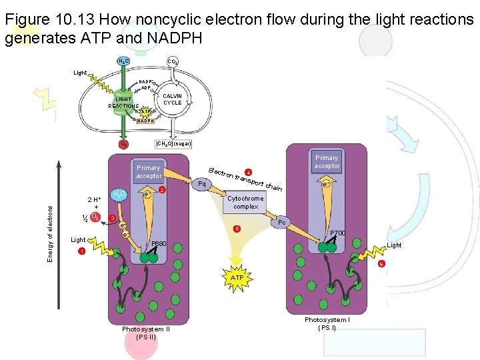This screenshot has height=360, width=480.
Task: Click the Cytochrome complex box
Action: coord(245,203)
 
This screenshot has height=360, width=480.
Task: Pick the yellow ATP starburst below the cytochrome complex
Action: coord(237,277)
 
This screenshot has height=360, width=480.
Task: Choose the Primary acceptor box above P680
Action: coord(149,172)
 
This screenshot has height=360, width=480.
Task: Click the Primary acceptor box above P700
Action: coord(327,162)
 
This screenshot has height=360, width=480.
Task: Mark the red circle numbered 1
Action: coord(81,251)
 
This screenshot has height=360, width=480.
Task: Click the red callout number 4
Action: coord(248,171)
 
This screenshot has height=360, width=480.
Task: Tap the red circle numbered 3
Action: coord(113,218)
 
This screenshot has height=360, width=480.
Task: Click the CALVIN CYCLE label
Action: coord(173,99)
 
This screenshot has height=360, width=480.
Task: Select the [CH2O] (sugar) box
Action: coord(173,143)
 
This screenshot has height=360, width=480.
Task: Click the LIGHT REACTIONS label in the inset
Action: coord(123,103)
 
